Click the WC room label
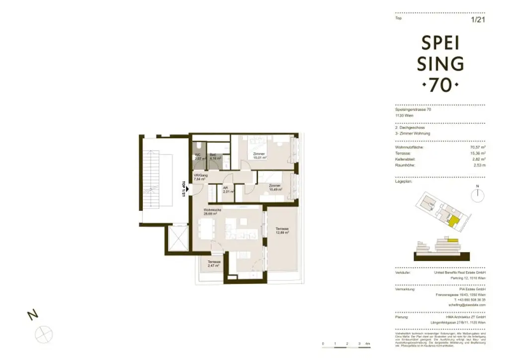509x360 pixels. (x=197, y=156)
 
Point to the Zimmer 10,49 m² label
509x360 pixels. (x=274, y=187)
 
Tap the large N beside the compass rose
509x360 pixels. (x=32, y=315)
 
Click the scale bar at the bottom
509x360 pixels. (x=345, y=344)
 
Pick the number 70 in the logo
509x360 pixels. (x=440, y=86)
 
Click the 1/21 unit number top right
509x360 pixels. (x=477, y=20)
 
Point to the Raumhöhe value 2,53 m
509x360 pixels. (x=478, y=165)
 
